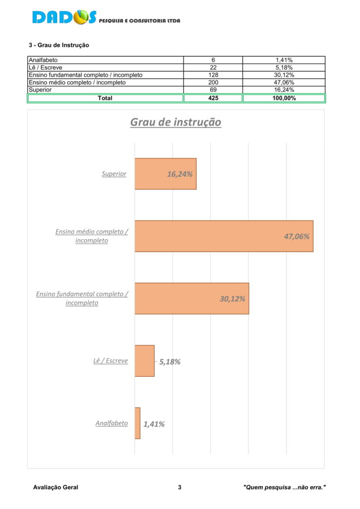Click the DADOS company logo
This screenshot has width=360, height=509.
pos(106,17)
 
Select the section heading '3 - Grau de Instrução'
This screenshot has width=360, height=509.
pos(59,45)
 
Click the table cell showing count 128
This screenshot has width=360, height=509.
pos(213,75)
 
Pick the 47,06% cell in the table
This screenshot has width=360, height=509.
pos(284,83)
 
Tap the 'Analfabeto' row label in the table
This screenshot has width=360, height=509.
pos(43,60)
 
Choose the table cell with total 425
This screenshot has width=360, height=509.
pos(213,98)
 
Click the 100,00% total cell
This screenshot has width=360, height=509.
pos(284,98)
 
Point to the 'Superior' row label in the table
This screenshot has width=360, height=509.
pos(40,90)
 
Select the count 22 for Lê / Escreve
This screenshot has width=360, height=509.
pos(213,68)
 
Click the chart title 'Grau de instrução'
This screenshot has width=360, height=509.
pos(176,122)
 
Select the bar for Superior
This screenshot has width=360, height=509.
pos(166,173)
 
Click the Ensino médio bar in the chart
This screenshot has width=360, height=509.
pos(224,236)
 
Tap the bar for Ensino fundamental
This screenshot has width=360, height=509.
pos(192,298)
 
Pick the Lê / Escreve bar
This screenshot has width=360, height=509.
pos(145,361)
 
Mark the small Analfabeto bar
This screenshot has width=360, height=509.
pos(137,423)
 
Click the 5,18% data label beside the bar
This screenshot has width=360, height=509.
pos(170,362)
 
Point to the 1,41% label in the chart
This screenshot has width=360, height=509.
pos(154,424)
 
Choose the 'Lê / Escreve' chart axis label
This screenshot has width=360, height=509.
pos(110,361)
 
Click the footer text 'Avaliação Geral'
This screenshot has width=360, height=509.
pos(56,487)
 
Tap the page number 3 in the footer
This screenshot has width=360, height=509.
pos(180,487)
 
